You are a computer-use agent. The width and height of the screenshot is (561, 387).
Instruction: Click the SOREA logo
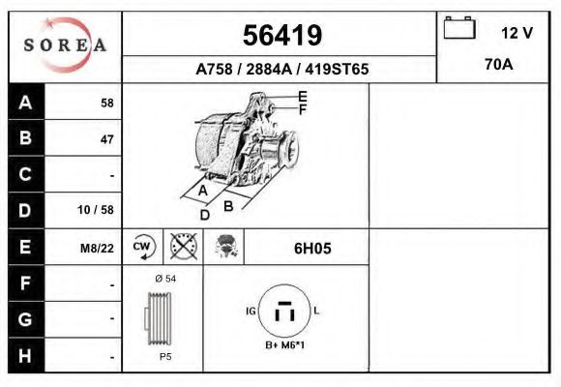click(65, 45)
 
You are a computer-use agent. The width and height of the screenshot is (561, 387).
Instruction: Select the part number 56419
click(281, 36)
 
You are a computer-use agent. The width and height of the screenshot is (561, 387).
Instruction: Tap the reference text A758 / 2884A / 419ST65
click(281, 70)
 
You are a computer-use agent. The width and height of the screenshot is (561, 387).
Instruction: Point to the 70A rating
click(499, 66)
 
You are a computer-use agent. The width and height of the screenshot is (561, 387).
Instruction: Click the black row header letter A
click(26, 103)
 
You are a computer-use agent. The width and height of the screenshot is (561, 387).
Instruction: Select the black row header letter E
click(26, 247)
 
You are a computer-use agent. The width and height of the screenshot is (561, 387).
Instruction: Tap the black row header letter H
click(26, 355)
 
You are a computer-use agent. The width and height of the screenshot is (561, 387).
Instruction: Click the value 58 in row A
click(106, 104)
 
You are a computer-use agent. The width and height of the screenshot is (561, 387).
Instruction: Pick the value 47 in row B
click(106, 139)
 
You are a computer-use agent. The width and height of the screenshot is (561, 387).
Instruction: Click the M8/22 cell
click(97, 248)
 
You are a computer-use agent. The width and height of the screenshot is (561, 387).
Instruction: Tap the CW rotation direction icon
click(143, 247)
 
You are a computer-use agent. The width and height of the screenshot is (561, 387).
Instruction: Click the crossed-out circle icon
click(184, 247)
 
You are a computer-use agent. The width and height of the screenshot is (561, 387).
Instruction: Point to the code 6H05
click(312, 248)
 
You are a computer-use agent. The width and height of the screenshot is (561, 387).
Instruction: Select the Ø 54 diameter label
click(164, 279)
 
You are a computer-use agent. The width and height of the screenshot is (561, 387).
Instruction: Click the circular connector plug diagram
click(283, 313)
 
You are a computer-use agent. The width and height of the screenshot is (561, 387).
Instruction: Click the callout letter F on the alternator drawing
click(303, 110)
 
